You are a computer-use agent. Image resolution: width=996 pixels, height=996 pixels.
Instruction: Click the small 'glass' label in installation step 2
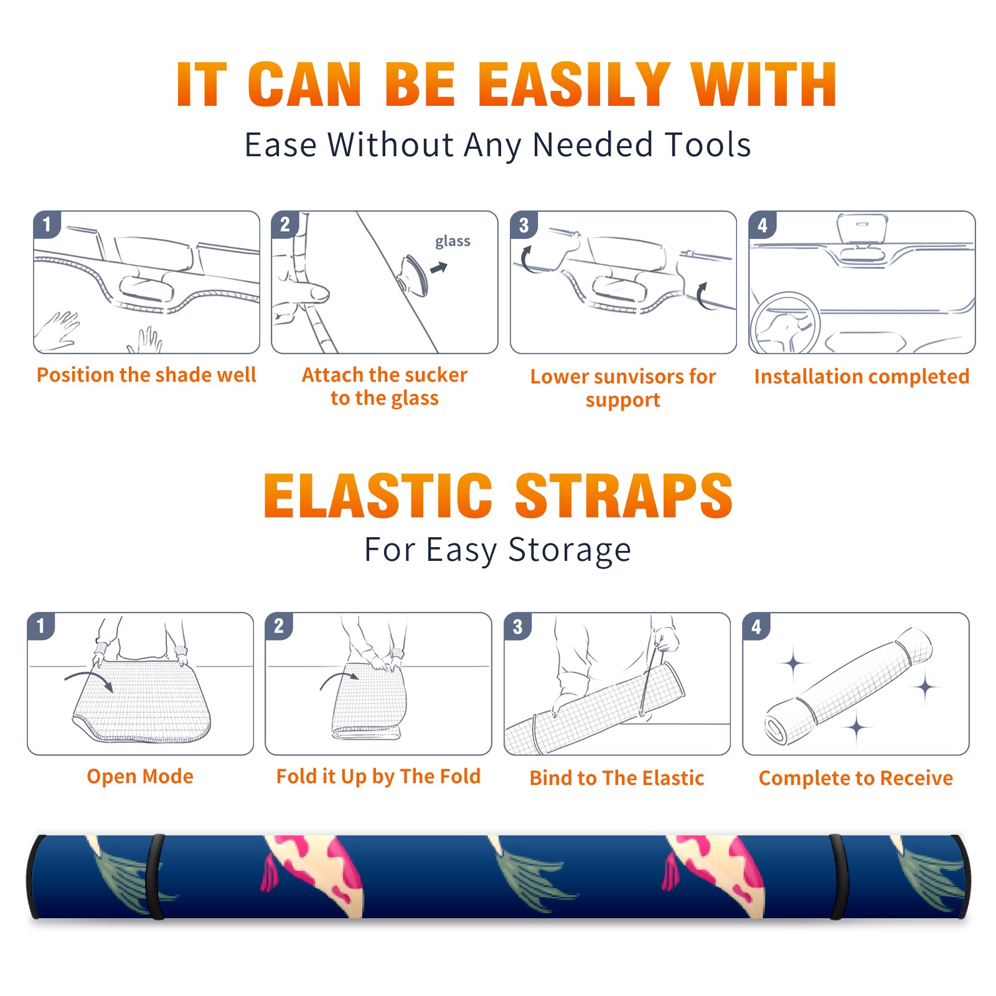click(453, 242)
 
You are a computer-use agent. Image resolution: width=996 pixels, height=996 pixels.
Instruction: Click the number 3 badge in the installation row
click(524, 225)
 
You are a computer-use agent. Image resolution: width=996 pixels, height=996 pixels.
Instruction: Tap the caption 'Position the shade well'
click(146, 375)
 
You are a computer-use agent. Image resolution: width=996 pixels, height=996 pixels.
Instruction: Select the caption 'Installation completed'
click(862, 376)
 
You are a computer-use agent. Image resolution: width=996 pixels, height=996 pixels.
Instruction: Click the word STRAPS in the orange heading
click(624, 496)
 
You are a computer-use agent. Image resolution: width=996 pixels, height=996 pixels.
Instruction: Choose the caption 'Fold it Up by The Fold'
click(378, 776)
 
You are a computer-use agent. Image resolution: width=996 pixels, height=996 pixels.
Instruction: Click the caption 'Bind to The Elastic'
click(617, 778)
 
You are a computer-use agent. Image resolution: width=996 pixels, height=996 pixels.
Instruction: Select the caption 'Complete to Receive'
click(856, 778)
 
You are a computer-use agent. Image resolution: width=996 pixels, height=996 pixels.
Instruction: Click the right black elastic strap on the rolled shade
click(838, 877)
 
